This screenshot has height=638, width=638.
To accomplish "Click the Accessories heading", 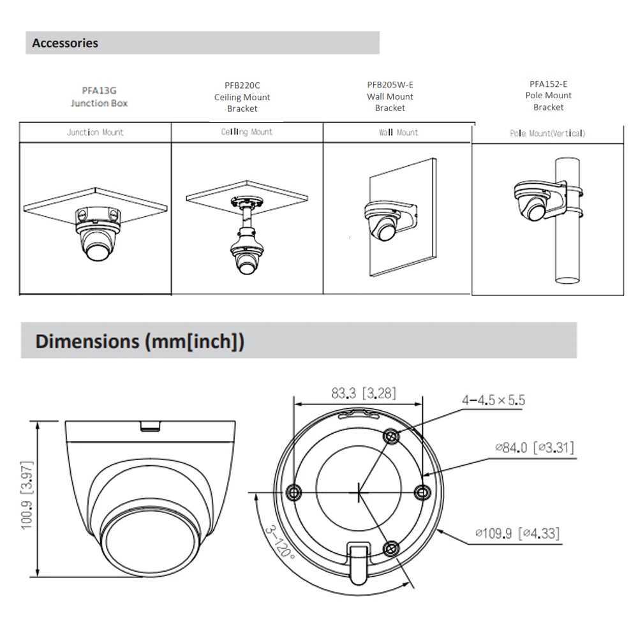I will [x=65, y=43].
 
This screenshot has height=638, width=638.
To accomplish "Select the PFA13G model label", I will [x=99, y=91].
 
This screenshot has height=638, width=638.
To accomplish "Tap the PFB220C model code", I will [x=242, y=85].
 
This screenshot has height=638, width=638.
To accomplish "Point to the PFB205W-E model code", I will [x=390, y=85].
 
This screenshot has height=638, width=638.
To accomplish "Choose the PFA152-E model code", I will [x=548, y=84].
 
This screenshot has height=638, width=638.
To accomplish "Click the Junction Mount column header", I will [x=95, y=133].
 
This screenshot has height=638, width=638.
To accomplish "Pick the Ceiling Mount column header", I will [x=247, y=132].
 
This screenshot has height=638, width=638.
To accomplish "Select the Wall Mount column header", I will [x=398, y=133].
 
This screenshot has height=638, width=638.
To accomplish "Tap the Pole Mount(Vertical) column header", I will [x=547, y=133].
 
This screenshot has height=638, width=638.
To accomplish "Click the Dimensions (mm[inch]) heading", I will [x=140, y=341].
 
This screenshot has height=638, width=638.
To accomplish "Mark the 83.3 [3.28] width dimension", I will [x=363, y=394].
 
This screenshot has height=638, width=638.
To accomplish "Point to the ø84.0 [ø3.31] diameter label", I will [x=534, y=448].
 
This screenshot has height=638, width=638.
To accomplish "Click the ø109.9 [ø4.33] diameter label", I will [x=517, y=533].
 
